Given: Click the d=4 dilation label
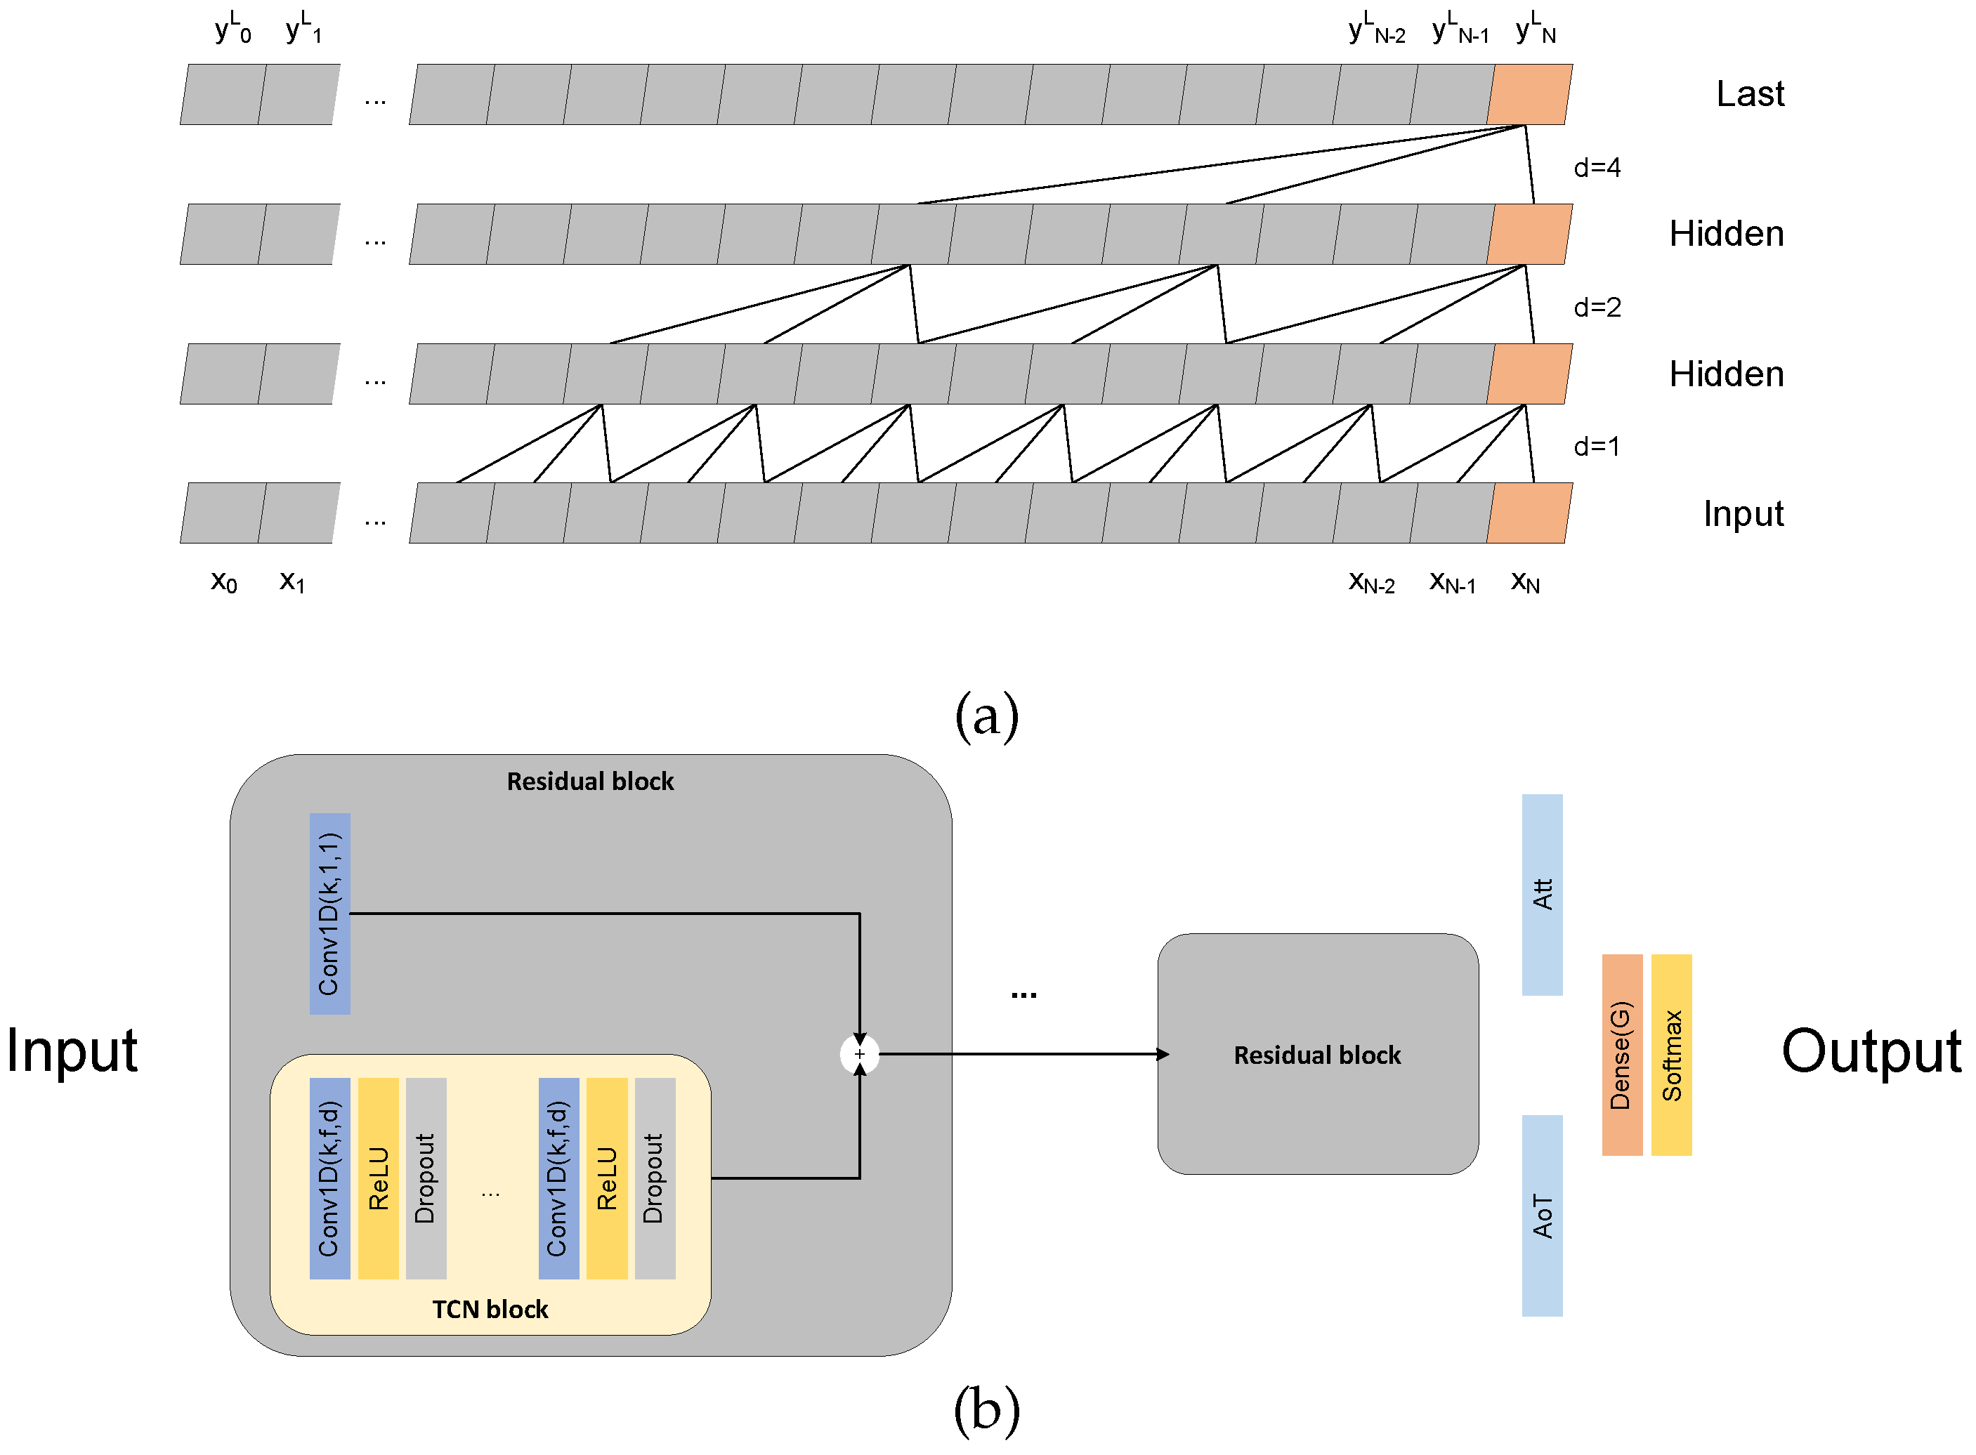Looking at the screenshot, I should pos(1595,167).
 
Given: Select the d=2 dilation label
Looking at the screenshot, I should pos(1595,308).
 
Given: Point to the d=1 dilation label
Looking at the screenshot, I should pos(1595,447).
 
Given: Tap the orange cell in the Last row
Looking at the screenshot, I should pos(1529,94).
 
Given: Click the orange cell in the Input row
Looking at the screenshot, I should pos(1529,513).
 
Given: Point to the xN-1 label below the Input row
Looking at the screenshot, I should pos(1451,582).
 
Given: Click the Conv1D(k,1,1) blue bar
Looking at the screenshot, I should pos(329,914).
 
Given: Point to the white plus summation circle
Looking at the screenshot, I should pos(859,1054).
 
